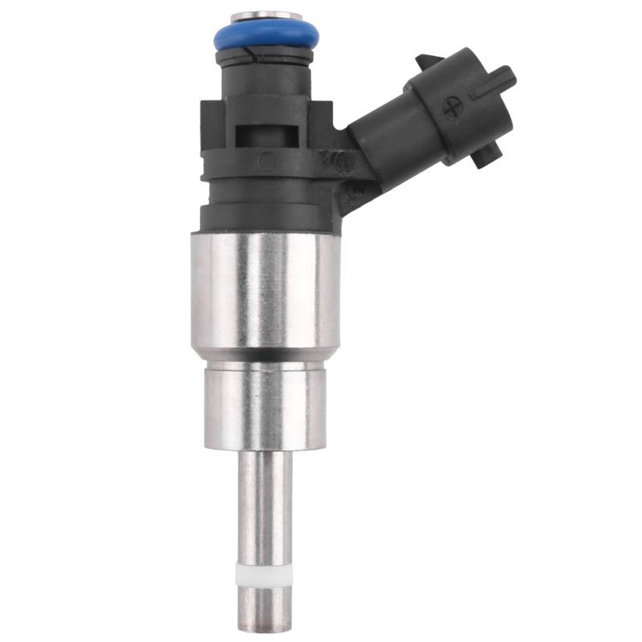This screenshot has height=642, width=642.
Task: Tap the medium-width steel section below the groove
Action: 266,405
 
